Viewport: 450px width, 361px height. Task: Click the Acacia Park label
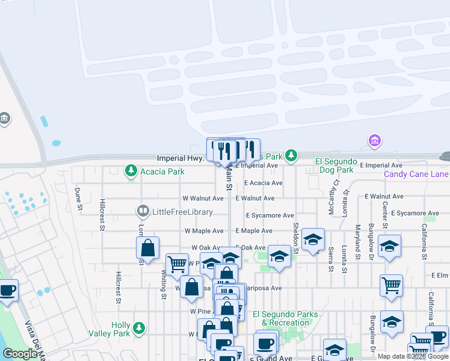pos(162,171)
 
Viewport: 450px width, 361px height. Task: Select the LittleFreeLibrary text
pos(183,212)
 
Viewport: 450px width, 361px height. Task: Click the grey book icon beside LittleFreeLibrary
pos(143,211)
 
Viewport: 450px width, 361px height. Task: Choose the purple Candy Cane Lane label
pos(416,174)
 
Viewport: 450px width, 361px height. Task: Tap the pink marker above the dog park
pos(375,141)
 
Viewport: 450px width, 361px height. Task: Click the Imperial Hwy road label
pos(177,159)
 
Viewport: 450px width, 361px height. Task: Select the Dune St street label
pos(78,199)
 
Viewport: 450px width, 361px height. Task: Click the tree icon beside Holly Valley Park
pos(140,328)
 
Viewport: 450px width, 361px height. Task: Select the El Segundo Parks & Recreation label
pos(281,318)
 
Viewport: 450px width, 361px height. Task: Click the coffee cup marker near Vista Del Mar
pos(8,291)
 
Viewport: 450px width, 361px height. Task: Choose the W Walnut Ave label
pos(203,198)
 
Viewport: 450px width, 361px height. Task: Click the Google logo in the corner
pos(20,354)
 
